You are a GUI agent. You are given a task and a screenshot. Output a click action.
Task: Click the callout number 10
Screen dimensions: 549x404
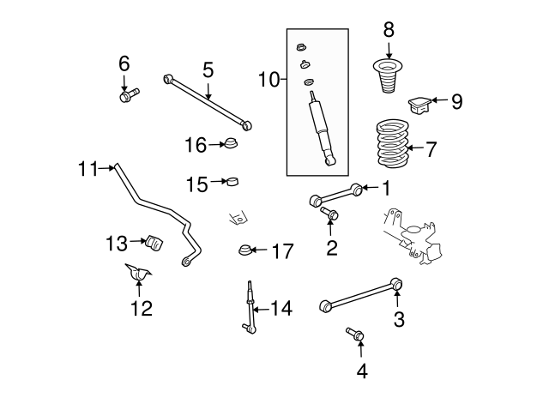tap(268, 80)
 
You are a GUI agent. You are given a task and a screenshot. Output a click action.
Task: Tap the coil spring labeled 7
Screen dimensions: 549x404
tap(393, 143)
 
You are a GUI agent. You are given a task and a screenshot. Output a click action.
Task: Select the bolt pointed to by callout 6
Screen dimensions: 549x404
tap(130, 95)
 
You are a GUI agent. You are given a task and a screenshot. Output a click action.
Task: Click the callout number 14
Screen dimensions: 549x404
tap(281, 309)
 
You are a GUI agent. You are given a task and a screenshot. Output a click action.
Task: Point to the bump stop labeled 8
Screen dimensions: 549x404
tap(387, 76)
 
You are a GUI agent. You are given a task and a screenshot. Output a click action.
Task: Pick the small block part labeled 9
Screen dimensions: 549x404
tap(419, 105)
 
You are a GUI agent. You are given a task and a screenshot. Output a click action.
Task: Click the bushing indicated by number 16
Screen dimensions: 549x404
tap(231, 142)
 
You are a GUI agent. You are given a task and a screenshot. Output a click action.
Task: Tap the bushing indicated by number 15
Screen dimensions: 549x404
tap(232, 181)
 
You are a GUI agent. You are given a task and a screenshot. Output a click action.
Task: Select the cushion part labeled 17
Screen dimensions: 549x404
tap(244, 250)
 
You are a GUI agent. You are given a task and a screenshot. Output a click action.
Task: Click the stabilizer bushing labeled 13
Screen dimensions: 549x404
tap(154, 242)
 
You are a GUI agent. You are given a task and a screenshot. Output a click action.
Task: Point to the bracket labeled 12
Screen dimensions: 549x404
tap(138, 272)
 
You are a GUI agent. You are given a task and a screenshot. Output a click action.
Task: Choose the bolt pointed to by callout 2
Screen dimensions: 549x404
tap(329, 214)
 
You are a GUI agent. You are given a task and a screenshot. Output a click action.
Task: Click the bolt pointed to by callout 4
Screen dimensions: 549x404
tap(355, 334)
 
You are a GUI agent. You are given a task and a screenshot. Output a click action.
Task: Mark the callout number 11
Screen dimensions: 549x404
tap(87, 169)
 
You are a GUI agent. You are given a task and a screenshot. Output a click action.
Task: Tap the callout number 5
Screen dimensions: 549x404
tap(208, 70)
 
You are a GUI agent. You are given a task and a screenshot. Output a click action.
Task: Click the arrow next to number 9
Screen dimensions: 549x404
tap(439, 100)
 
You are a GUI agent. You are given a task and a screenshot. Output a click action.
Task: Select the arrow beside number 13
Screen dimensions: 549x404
tap(137, 241)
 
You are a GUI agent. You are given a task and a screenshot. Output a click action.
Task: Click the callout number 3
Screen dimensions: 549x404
tap(399, 319)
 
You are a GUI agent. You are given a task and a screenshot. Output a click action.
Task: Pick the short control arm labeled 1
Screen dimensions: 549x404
tap(335, 195)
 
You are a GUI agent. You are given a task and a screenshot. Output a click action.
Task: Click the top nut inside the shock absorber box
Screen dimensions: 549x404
tap(301, 47)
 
